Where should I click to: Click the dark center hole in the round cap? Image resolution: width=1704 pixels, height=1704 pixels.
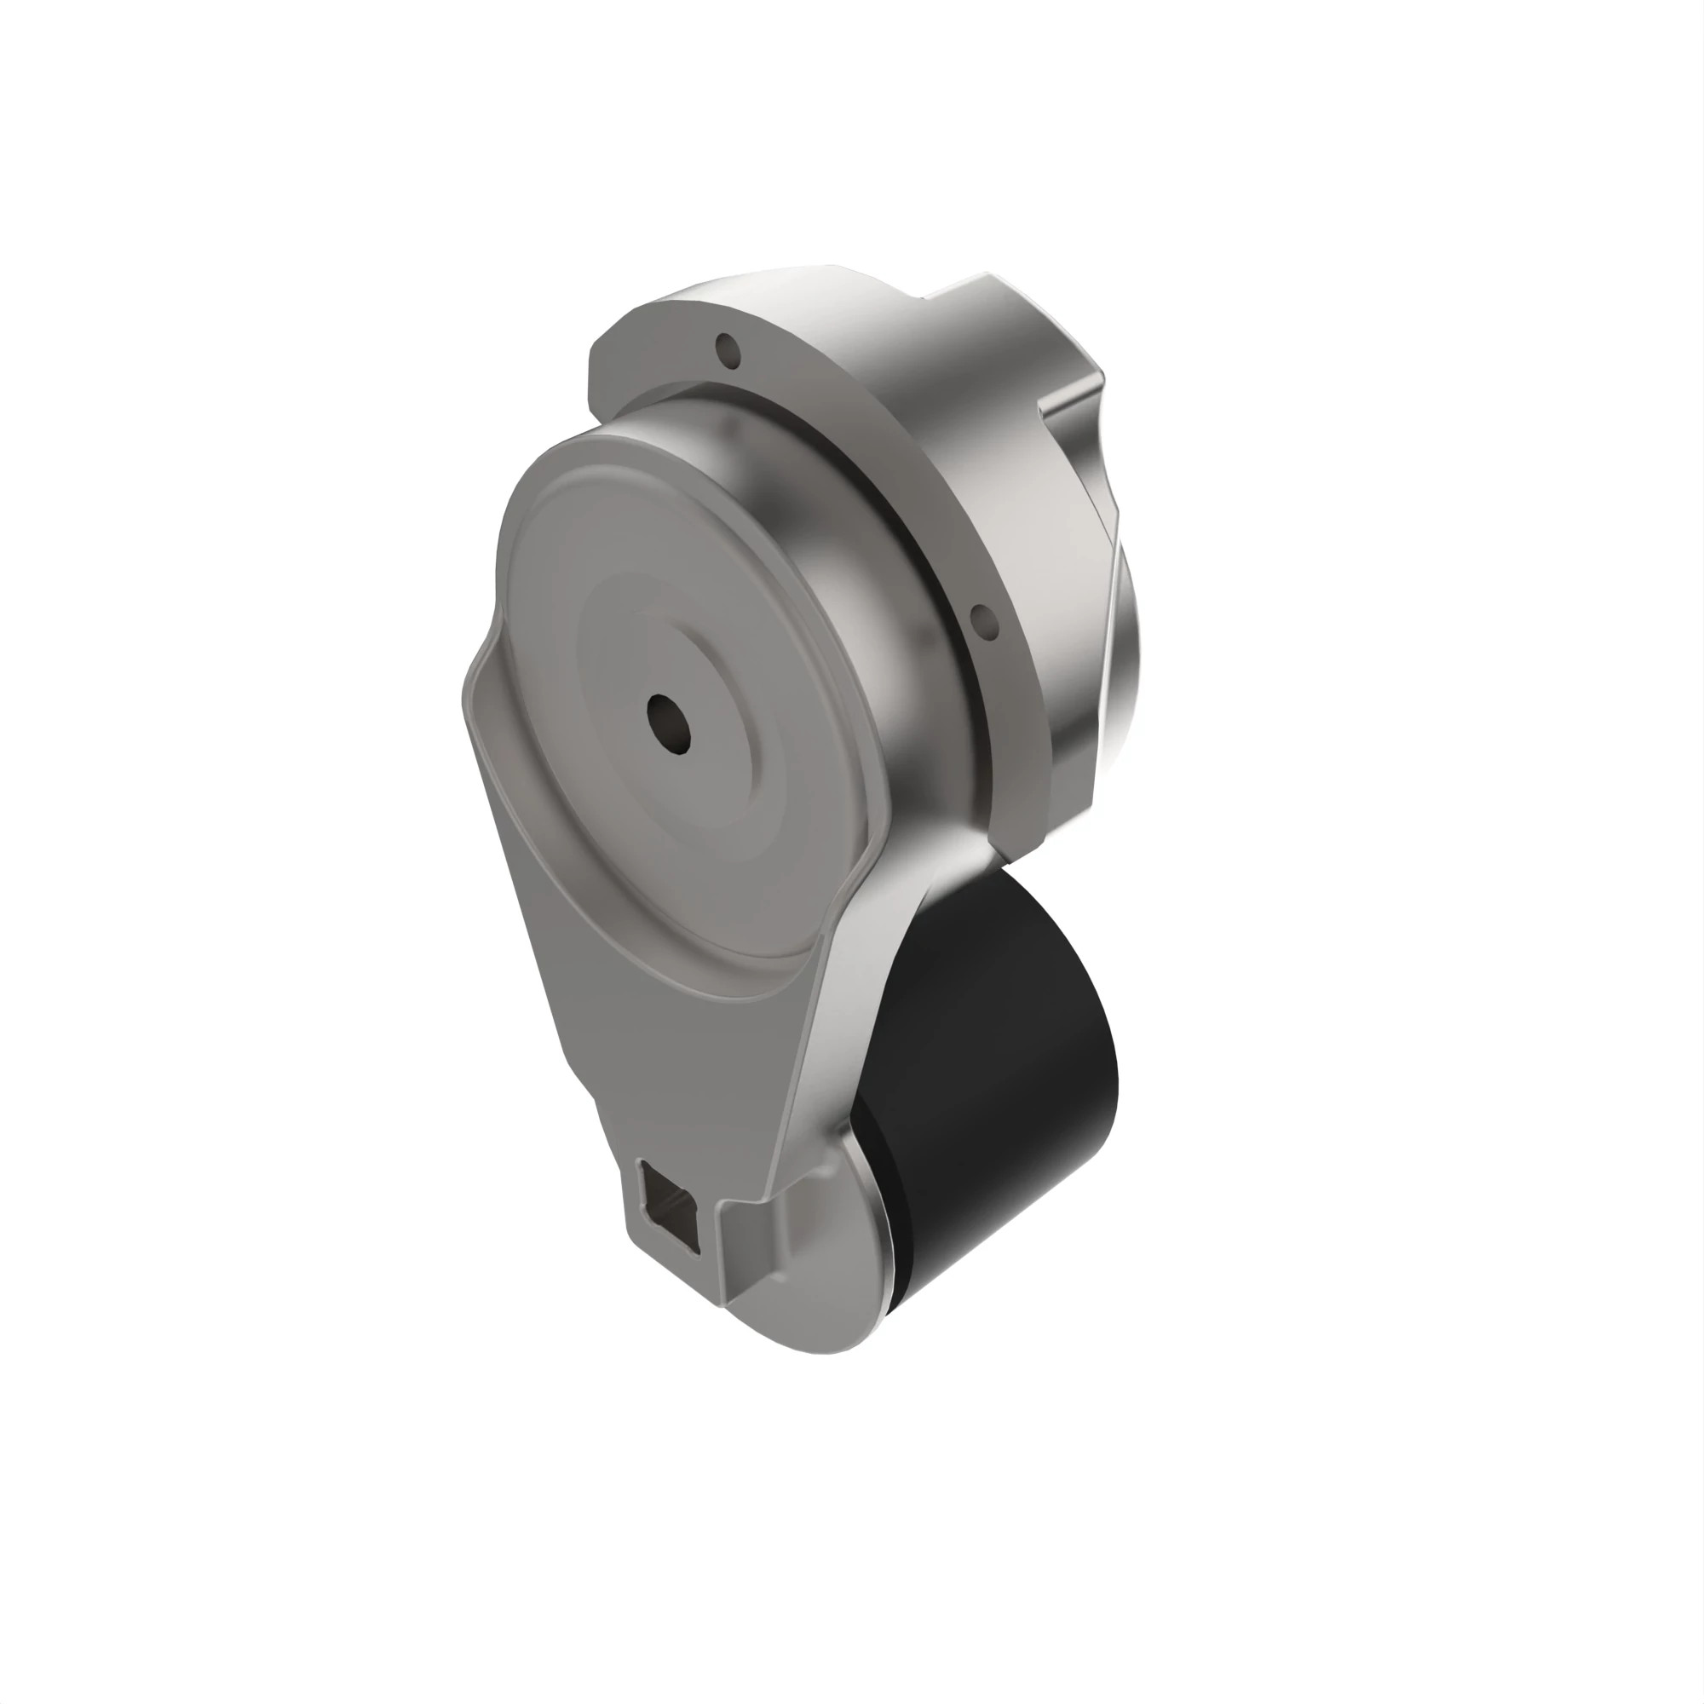669,724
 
